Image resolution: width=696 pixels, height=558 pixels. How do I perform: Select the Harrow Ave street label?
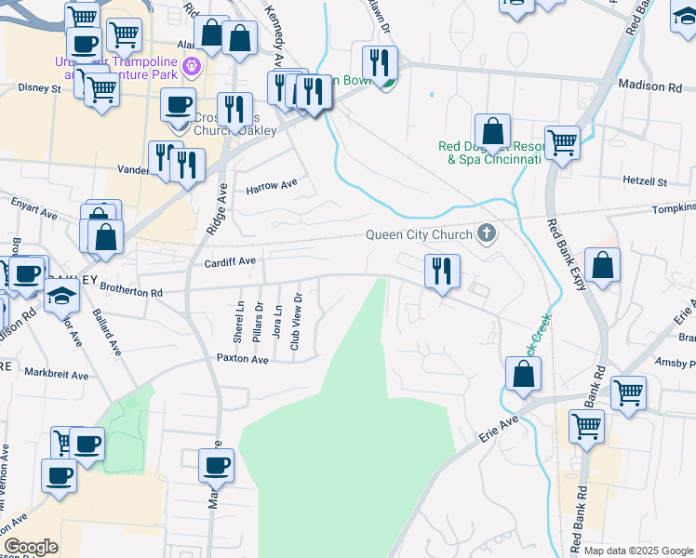click(x=271, y=189)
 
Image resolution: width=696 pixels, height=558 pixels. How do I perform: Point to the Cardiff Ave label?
click(x=230, y=262)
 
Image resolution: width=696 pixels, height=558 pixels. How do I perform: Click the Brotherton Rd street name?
click(x=131, y=292)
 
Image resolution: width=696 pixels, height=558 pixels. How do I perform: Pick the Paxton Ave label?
click(x=242, y=357)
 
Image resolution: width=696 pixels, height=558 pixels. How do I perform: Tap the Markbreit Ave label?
click(x=57, y=375)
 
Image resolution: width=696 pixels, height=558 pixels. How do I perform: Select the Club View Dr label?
click(x=296, y=322)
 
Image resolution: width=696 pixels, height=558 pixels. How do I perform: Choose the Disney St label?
click(x=39, y=88)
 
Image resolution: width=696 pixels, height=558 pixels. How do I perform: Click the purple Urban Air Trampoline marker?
click(x=192, y=66)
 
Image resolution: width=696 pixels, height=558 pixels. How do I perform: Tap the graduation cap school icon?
click(x=62, y=296)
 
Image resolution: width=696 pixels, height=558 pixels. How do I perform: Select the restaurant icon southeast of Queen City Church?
click(x=441, y=271)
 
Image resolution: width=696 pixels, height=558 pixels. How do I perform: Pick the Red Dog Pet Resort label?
click(x=489, y=153)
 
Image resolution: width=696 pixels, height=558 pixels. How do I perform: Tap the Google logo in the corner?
click(x=31, y=547)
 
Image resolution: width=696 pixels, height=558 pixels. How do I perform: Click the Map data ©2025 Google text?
click(x=639, y=551)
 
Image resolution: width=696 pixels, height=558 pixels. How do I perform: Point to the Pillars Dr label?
click(x=259, y=319)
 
